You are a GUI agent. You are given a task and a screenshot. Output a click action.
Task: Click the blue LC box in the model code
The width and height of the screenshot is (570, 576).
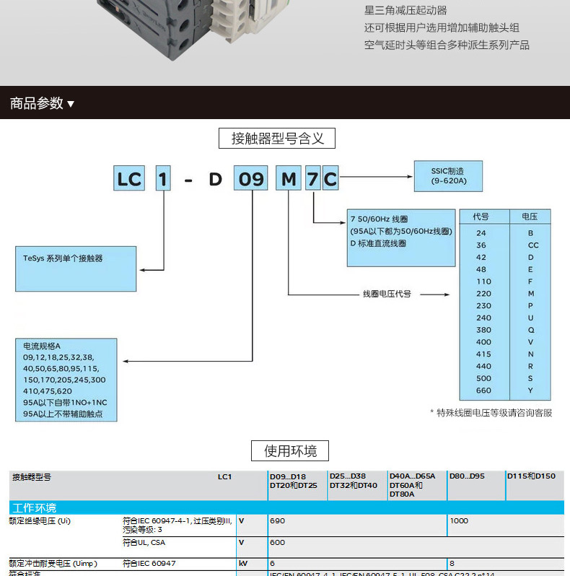coord(129,178)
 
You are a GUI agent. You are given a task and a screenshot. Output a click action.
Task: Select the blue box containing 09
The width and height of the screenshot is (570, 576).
coord(251,178)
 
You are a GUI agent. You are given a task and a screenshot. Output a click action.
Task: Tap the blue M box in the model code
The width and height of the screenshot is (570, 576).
coord(289,178)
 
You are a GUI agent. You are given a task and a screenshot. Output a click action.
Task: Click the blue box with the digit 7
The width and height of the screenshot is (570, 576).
coord(312,178)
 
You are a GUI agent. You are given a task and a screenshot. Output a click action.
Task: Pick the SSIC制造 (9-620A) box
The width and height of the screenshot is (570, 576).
coord(448,175)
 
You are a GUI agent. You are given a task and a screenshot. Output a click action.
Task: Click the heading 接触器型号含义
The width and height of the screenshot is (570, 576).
coord(277,138)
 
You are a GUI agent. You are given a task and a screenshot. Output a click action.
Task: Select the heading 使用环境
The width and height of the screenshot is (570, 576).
coord(290,451)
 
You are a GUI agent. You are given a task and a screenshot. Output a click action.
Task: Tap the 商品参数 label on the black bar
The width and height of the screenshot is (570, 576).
coord(37,103)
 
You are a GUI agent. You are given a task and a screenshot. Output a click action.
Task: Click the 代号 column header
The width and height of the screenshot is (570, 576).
coord(481,217)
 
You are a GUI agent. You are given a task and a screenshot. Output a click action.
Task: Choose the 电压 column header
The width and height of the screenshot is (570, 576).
coord(530,217)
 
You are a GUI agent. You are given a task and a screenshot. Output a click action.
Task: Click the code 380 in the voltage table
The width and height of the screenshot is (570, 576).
coord(483,330)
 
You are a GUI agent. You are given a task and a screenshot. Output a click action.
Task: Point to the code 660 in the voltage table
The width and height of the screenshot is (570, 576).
coord(483,390)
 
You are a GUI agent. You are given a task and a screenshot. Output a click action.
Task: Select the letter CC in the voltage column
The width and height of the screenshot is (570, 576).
coord(533,245)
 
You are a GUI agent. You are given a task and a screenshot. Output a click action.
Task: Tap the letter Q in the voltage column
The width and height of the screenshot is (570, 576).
coord(531,330)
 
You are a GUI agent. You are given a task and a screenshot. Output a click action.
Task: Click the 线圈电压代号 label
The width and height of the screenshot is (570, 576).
coord(387,294)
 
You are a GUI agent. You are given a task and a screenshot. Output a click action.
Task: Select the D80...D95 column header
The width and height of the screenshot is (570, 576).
coord(467,476)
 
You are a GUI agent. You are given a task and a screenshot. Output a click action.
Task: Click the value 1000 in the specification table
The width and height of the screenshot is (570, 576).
coord(459,520)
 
